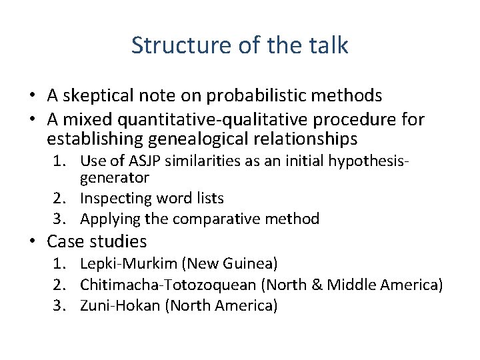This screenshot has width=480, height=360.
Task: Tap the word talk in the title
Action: (327, 45)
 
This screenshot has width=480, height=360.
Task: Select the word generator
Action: (114, 178)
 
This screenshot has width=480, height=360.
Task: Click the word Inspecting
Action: (115, 198)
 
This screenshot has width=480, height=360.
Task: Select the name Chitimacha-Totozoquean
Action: (168, 285)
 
